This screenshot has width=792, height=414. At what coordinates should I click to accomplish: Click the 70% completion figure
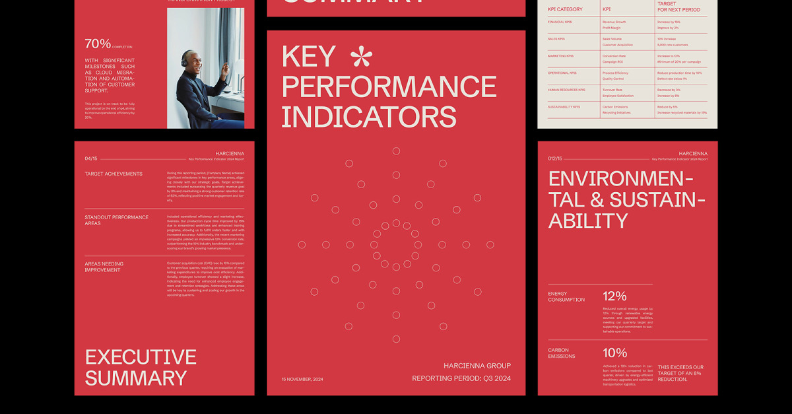(98, 44)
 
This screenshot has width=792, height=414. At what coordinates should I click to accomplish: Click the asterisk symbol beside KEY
(360, 57)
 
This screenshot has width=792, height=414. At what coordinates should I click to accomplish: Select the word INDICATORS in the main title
(369, 116)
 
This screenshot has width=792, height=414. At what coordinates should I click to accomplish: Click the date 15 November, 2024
(302, 379)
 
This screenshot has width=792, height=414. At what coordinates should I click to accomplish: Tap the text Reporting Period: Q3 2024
(461, 378)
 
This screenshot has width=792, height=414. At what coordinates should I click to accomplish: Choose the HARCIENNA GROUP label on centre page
(477, 366)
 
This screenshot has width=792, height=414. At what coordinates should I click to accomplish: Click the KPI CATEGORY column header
(565, 9)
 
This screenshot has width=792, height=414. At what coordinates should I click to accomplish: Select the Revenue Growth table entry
(614, 22)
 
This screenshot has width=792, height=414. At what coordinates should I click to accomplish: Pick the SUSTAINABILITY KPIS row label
(564, 106)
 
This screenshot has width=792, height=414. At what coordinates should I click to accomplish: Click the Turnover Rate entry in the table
(612, 90)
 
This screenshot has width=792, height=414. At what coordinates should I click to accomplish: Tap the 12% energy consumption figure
(614, 296)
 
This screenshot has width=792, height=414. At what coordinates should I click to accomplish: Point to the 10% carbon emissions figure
(614, 353)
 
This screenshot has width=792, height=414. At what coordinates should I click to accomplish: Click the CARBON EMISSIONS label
(562, 353)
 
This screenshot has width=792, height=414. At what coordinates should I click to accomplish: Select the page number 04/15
(91, 158)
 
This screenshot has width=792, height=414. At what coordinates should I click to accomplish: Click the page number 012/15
(556, 158)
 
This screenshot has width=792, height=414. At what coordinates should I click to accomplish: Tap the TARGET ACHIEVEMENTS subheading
(113, 174)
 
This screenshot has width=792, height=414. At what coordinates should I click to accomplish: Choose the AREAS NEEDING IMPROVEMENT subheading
(104, 267)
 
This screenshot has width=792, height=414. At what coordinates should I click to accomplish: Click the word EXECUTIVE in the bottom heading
(141, 357)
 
